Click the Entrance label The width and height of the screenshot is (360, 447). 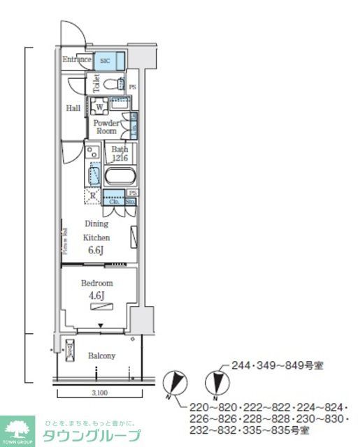point(77,60)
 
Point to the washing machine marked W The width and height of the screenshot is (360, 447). point(98,107)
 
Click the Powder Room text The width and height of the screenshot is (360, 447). point(106,127)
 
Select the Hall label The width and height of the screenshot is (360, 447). point(73,108)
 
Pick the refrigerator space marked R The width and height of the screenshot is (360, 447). point(93,196)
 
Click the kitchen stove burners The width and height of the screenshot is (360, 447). point(93,151)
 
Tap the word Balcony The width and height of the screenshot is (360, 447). point(101,356)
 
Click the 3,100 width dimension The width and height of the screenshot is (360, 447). point(99,393)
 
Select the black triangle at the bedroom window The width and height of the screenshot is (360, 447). point(101,325)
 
